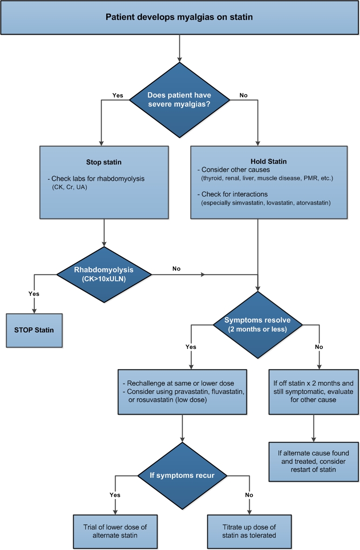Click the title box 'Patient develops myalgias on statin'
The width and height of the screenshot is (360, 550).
point(180,18)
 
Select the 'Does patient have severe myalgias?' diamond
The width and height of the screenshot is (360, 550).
point(180,99)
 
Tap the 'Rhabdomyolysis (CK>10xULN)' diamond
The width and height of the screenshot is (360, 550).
point(104,274)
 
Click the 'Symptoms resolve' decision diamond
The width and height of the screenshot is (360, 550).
point(257,325)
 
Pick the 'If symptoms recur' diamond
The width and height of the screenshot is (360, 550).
point(182,475)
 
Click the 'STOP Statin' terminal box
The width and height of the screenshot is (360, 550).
point(34,330)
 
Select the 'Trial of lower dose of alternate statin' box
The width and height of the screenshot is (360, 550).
point(115,531)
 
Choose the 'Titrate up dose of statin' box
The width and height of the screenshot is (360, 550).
point(249,531)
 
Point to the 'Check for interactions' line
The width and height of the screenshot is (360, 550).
point(234,194)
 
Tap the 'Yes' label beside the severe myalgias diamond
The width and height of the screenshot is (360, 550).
point(117,95)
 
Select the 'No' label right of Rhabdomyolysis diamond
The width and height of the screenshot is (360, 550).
point(177,269)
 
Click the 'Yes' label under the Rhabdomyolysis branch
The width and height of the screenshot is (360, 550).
point(34,294)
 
